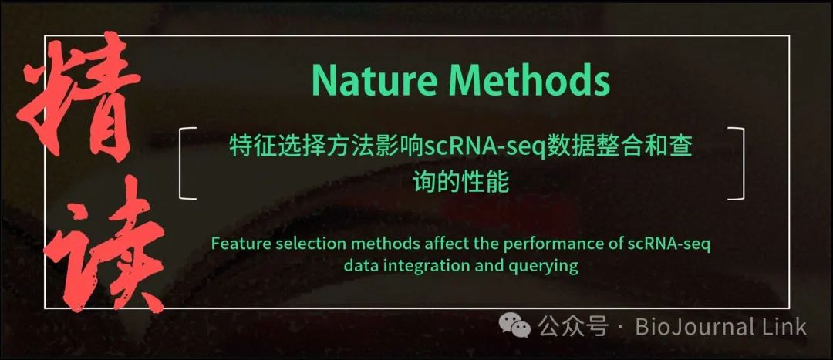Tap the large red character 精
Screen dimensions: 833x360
coord(79,97)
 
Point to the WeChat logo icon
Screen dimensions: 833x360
coord(514,325)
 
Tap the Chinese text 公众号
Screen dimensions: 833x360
coord(572,326)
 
